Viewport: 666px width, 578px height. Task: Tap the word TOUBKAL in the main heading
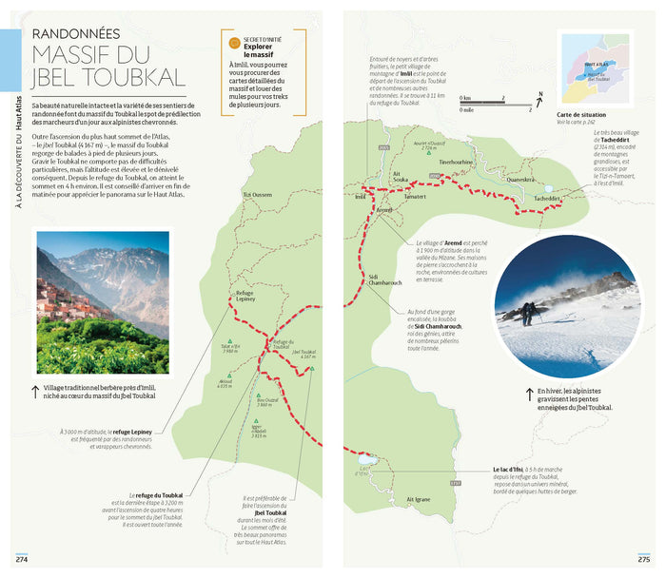click(x=128, y=77)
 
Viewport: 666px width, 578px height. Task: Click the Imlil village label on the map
click(x=359, y=197)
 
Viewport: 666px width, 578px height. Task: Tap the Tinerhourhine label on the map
click(x=455, y=163)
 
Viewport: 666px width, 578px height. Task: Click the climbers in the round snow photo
click(x=529, y=310)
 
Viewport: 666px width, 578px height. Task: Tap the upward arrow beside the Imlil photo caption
click(x=35, y=391)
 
